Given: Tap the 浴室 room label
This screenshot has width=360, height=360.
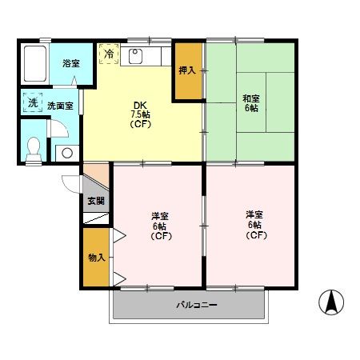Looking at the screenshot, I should click(70, 63).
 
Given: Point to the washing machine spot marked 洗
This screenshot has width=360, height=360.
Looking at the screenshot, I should click(33, 103).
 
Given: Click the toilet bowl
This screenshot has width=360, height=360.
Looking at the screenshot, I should click(32, 148).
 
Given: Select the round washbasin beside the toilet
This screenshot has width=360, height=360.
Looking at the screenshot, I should click(67, 152).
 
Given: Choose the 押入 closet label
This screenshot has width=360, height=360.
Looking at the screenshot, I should click(187, 70).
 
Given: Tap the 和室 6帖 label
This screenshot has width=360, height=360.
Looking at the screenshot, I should click(250, 103).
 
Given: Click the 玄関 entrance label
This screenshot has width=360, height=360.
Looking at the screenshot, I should click(94, 200).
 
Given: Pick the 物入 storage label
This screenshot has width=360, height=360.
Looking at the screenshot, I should click(94, 258).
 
